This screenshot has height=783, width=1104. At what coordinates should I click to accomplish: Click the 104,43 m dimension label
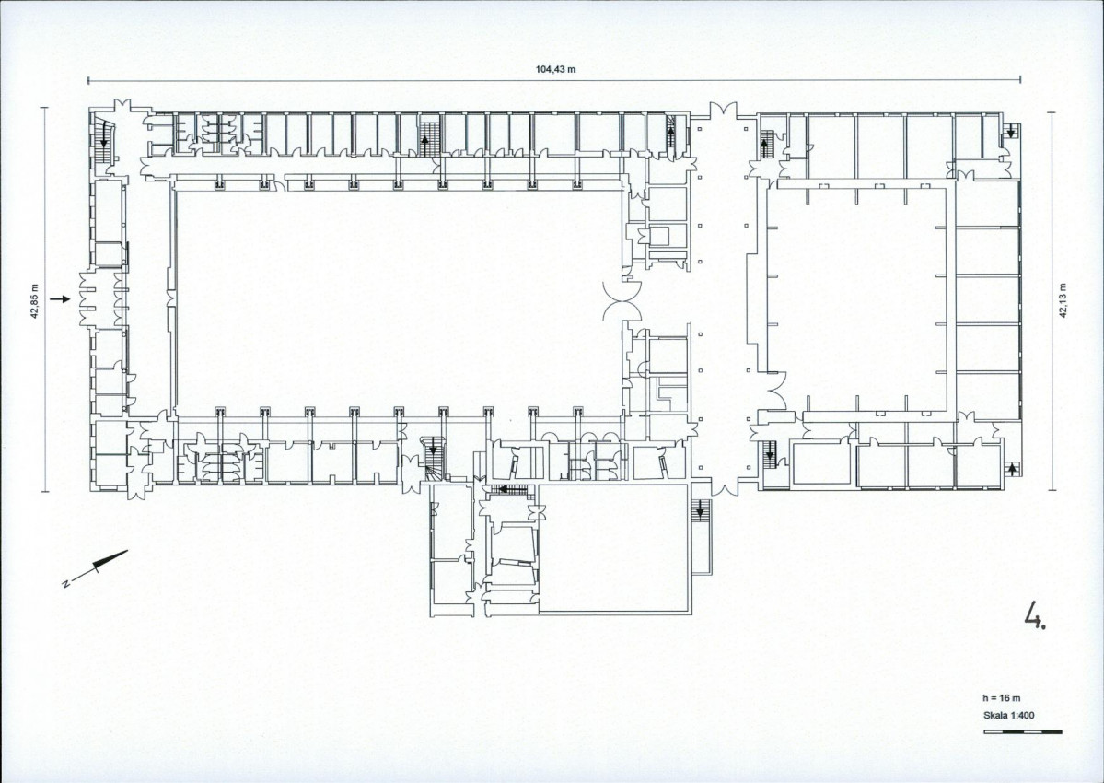(x=555, y=69)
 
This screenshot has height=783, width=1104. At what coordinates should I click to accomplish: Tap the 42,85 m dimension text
(x=34, y=301)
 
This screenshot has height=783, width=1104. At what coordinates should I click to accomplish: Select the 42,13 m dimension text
(x=1063, y=300)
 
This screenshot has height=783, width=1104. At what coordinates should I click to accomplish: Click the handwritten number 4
(x=1035, y=614)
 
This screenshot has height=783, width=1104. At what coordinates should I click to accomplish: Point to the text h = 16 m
(x=1001, y=698)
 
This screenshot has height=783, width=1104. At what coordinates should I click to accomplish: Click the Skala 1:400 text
(x=1009, y=716)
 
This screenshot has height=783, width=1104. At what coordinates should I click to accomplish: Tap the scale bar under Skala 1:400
(x=1022, y=732)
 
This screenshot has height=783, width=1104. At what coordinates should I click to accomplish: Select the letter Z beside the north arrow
(x=64, y=583)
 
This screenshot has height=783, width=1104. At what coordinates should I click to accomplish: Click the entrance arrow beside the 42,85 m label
(x=61, y=299)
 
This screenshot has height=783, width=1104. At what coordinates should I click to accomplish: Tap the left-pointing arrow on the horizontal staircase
(x=504, y=489)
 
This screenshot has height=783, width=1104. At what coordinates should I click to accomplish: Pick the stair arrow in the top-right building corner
(x=1012, y=131)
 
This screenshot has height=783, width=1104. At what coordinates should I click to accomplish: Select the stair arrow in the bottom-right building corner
(x=1012, y=469)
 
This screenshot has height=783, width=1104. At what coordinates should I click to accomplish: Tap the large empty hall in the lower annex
(x=612, y=548)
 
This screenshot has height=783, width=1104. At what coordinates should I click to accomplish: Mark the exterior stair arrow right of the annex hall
(x=700, y=512)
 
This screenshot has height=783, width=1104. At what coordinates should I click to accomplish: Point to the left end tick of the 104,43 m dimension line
(x=88, y=80)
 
